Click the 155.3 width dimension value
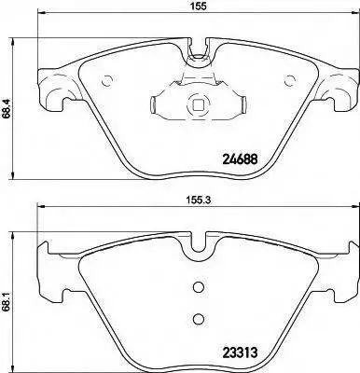click(x=197, y=200)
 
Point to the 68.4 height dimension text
click(x=6, y=108)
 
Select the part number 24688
click(x=240, y=159)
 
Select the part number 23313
click(x=240, y=352)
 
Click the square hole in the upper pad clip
click(x=197, y=104)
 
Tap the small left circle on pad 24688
click(x=107, y=81)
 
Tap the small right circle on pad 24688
click(x=290, y=81)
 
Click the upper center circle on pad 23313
click(x=198, y=287)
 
